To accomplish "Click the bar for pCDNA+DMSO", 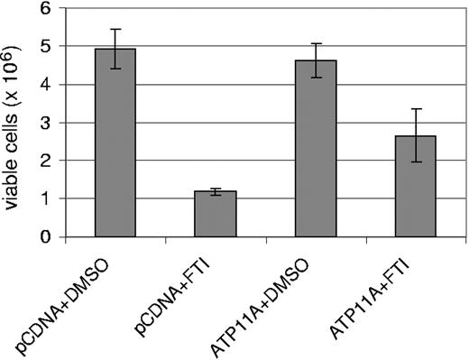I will tap(115, 144).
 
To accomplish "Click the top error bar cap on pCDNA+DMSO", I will tap(115, 29).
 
